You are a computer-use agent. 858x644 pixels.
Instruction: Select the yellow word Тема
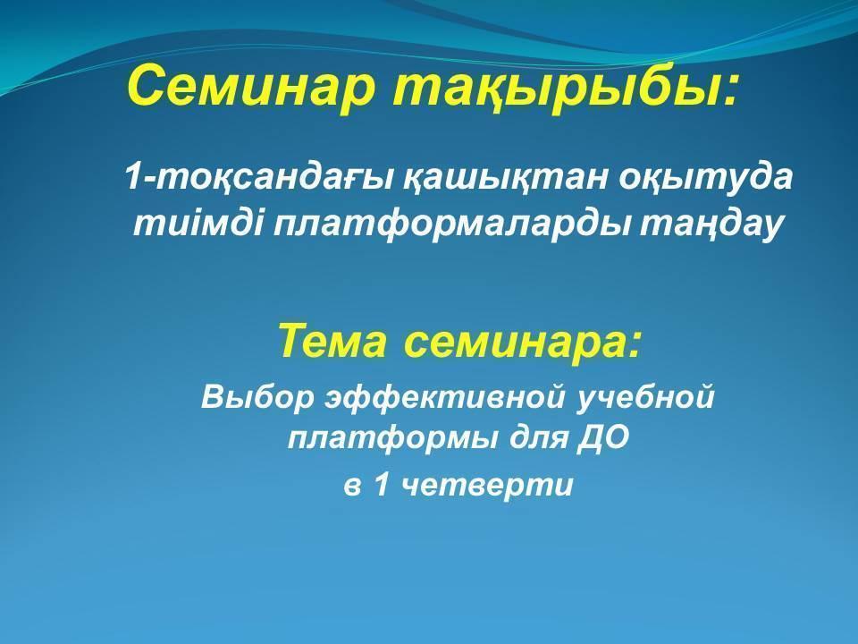tap(332, 341)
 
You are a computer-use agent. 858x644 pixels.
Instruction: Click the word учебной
tap(647, 395)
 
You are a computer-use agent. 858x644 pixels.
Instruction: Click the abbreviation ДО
tap(608, 438)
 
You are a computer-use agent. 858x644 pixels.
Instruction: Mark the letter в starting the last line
tap(352, 487)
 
